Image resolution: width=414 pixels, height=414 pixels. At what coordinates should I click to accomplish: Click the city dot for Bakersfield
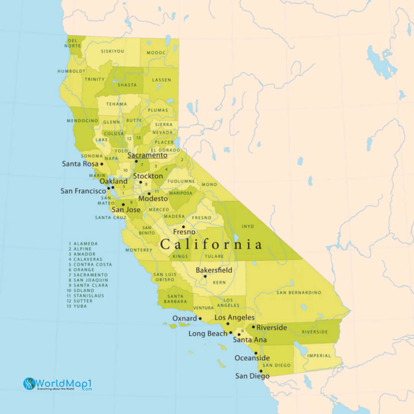coord(205,276)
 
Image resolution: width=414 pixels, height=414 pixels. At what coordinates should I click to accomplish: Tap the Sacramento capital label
coord(147,155)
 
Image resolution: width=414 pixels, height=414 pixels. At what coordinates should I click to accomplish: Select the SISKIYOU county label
coord(112,51)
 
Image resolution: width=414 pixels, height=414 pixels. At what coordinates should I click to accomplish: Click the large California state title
coord(211,245)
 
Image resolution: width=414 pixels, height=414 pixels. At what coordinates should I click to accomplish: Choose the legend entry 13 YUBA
coord(78,306)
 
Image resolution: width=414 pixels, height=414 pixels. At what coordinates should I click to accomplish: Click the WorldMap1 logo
coord(58,384)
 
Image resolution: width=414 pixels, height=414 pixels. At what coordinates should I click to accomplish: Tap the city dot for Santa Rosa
coord(102,164)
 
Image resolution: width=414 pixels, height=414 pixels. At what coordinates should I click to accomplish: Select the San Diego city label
coord(252,376)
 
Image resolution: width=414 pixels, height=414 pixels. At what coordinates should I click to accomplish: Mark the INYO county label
coord(248,226)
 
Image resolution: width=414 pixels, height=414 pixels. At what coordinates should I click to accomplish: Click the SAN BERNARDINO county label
coord(299,292)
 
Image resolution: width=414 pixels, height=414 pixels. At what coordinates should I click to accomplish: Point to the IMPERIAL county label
coord(319,356)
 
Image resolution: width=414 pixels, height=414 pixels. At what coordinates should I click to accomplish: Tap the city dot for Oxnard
coord(200,318)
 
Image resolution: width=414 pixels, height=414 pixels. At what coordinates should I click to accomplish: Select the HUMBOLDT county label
coord(71,71)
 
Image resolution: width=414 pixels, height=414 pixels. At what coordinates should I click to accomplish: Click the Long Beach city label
coord(208,334)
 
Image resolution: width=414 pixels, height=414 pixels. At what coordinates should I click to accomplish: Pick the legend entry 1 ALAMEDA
coord(83,243)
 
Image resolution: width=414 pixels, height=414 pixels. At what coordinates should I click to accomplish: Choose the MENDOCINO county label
coord(82,121)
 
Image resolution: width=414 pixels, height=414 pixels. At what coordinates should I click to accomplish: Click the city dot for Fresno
coord(183,227)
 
